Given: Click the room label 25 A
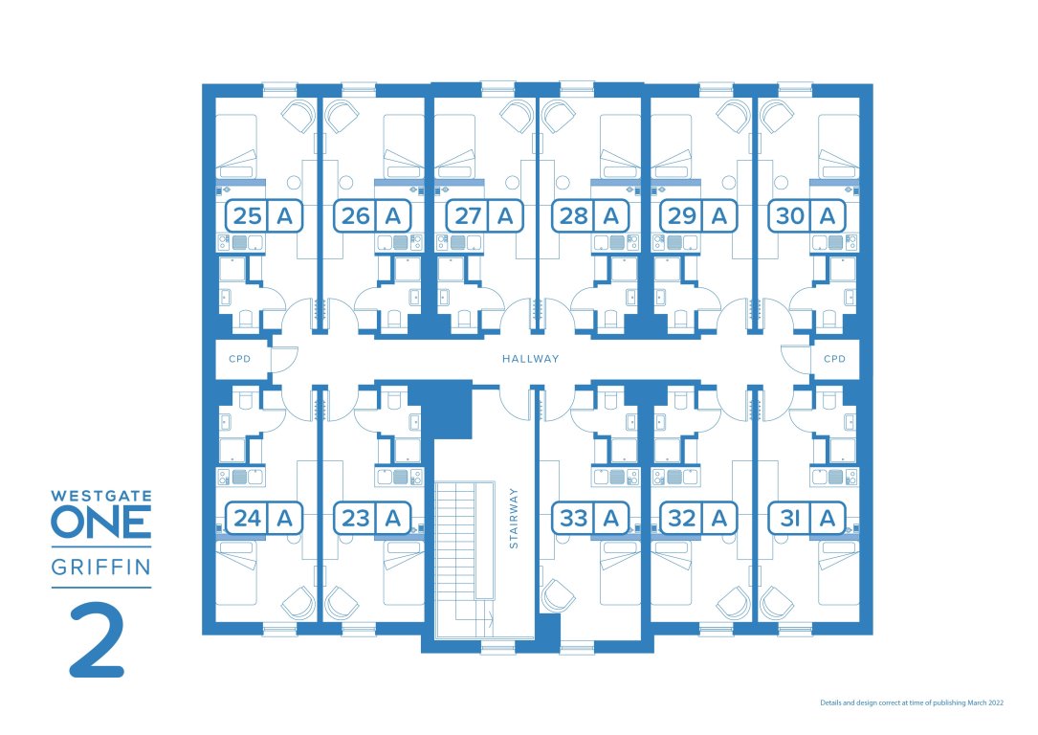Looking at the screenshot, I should [x=264, y=216].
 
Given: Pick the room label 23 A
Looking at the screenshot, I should [x=372, y=519].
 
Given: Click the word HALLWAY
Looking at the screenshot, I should [x=530, y=359].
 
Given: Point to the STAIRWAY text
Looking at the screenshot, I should [x=514, y=518].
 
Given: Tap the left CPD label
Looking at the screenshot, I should [x=238, y=359].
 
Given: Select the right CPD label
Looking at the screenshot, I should [x=834, y=359].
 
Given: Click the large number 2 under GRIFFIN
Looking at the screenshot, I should [x=97, y=640].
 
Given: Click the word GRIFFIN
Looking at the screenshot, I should [x=100, y=568].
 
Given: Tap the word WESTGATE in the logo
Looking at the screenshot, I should [x=100, y=497].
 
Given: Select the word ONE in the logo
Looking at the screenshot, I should [x=100, y=523].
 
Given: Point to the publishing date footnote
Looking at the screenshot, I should [x=912, y=702].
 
